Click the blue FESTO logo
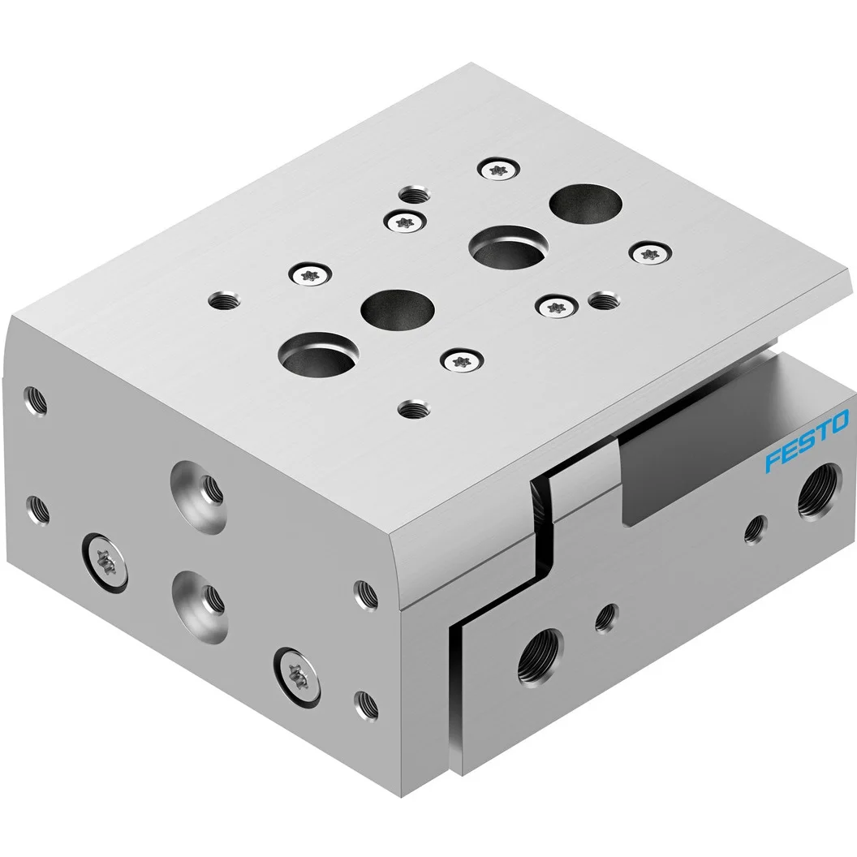(807, 443)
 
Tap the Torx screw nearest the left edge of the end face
(104, 560)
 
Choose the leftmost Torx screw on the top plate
(309, 274)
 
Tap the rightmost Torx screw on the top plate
(651, 253)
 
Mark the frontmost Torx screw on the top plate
(459, 362)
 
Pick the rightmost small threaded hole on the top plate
(602, 301)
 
